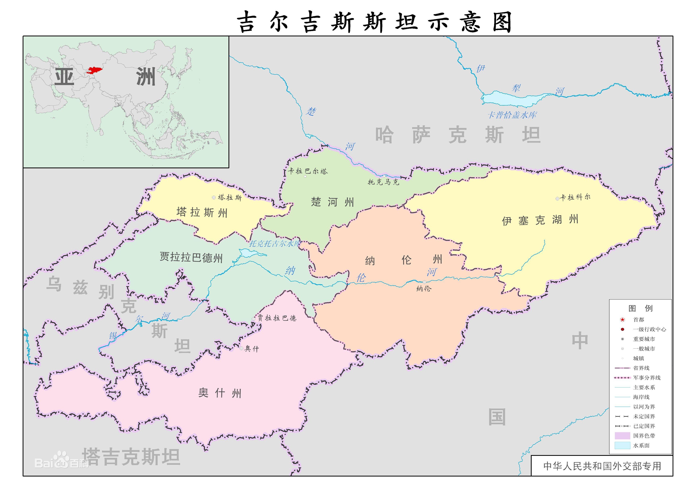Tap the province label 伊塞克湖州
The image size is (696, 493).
[540, 220]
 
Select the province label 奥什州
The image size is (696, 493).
[220, 393]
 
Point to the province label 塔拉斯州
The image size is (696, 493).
[202, 212]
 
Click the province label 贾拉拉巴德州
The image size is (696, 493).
[191, 257]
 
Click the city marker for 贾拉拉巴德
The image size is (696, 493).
[254, 319]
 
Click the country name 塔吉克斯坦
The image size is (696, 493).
[131, 457]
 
